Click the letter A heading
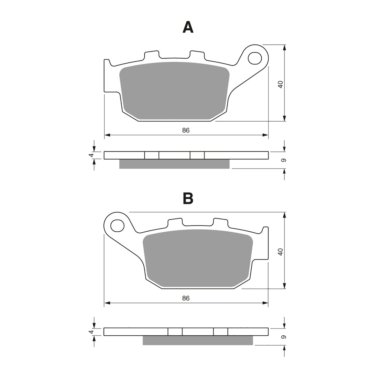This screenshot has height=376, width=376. [188, 27]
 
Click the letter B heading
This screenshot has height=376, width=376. [188, 198]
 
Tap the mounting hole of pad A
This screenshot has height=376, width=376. [255, 58]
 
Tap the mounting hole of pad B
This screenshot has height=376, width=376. [117, 225]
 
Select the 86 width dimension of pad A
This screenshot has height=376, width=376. [186, 130]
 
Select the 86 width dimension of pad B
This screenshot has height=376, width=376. [186, 298]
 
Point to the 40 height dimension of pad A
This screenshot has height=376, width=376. [280, 84]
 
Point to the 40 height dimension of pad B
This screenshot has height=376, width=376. [280, 252]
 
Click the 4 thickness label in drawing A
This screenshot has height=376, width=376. [91, 155]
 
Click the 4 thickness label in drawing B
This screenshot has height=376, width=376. [91, 332]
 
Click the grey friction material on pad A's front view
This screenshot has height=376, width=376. [174, 91]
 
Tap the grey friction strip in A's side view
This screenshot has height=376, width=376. [174, 164]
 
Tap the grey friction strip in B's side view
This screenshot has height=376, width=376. [198, 340]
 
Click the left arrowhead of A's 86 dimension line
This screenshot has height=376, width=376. [107, 135]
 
